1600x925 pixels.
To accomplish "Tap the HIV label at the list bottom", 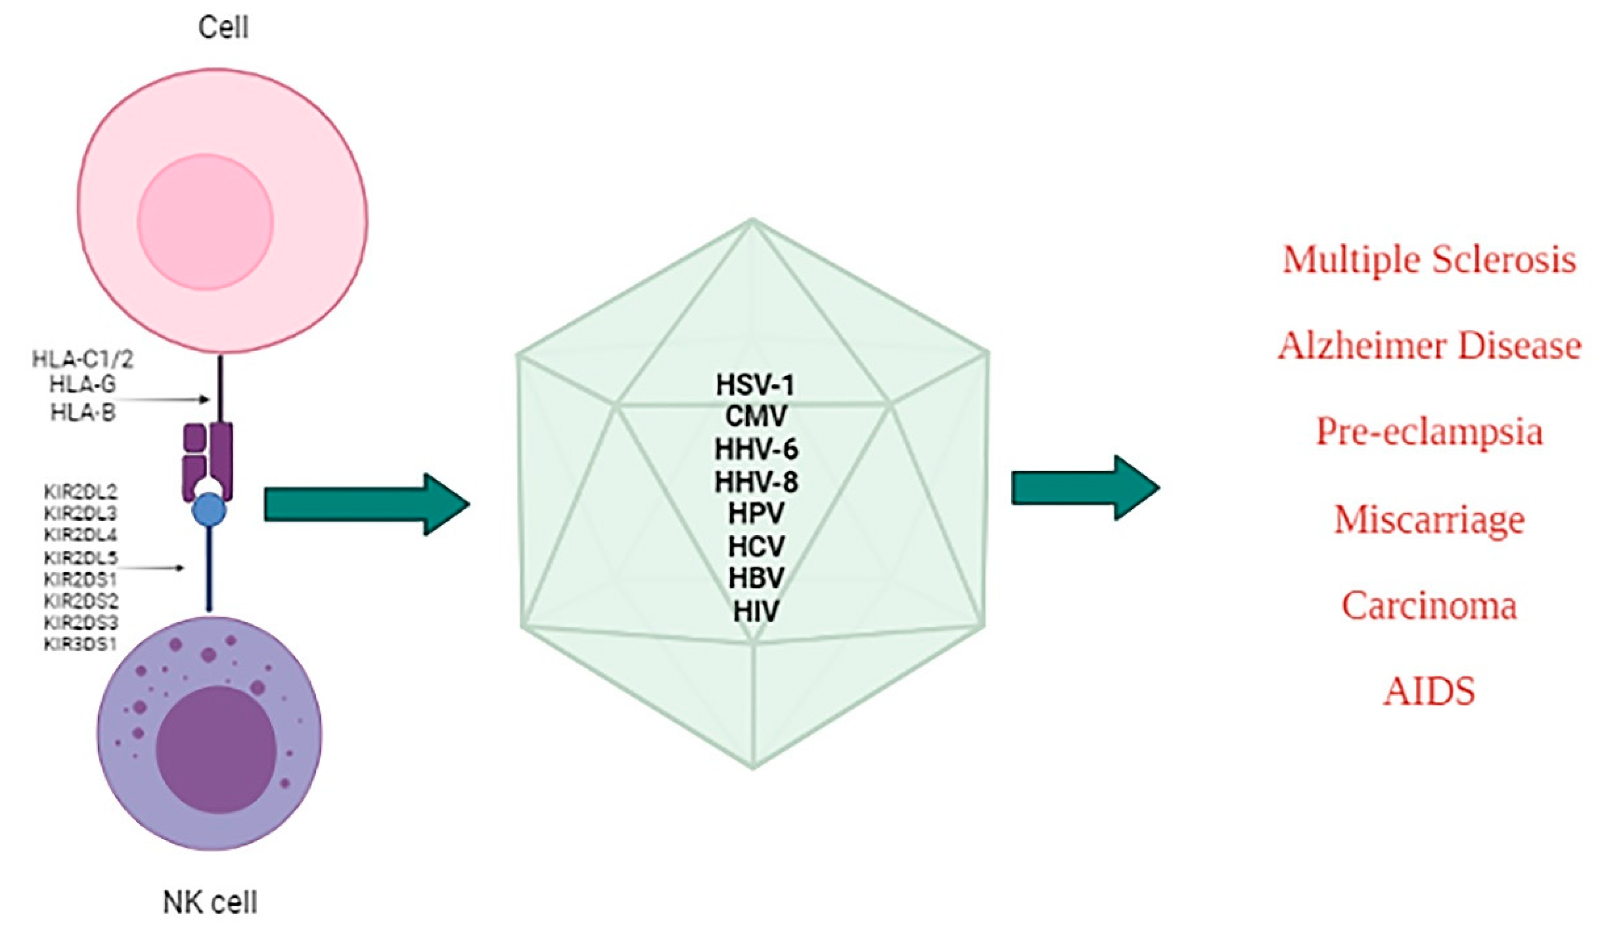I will point(755,612).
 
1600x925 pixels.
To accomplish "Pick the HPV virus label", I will point(755,513).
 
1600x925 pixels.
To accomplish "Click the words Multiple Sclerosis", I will point(1428,260).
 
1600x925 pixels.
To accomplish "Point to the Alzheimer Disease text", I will point(1428,346).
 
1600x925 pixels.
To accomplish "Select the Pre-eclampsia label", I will point(1428,432).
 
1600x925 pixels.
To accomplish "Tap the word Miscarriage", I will point(1428,519).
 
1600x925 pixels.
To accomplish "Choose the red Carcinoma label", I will point(1428,605).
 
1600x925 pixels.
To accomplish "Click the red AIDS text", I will point(1428,691).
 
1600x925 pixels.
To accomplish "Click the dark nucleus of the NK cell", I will point(215,749).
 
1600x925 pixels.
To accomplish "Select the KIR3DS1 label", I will point(80,644).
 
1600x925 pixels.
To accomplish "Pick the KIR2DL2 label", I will point(80,492).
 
